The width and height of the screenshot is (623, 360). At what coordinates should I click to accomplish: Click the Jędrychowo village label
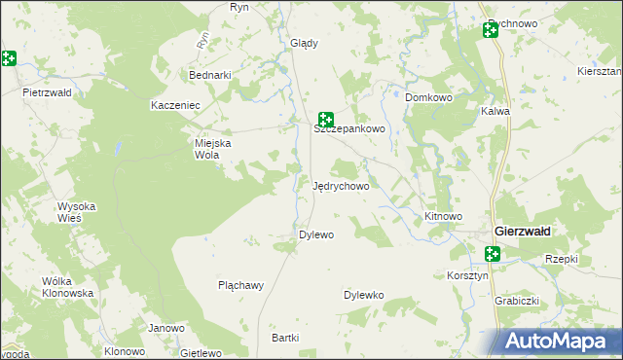click(x=340, y=186)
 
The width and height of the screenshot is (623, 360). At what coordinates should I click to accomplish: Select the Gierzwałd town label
click(x=522, y=232)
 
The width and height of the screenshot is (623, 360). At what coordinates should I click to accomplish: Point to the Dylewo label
click(x=316, y=234)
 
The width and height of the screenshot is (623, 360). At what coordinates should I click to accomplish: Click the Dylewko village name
click(x=364, y=294)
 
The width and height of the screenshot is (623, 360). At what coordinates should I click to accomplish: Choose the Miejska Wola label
click(x=214, y=148)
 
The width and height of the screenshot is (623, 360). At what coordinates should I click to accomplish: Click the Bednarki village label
click(x=210, y=75)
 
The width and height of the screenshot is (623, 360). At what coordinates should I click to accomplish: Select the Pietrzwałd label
click(x=48, y=92)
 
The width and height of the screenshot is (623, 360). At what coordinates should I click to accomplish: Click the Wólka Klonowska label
click(x=67, y=287)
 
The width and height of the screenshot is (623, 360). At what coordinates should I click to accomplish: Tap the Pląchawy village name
click(x=241, y=285)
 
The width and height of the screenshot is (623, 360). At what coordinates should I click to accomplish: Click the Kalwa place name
click(x=495, y=111)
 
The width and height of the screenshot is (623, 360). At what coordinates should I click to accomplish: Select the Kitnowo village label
click(x=443, y=216)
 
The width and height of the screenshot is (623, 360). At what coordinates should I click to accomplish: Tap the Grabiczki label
click(x=517, y=301)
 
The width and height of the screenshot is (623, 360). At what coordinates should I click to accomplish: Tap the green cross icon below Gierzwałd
click(x=493, y=254)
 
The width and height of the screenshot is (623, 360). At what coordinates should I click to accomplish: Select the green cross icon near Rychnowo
click(x=490, y=31)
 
